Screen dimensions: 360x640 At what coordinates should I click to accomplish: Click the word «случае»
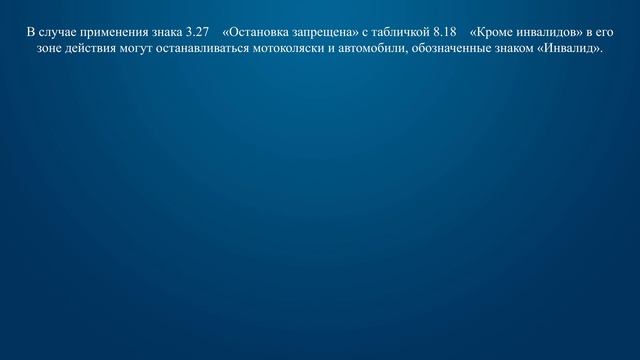[57, 32]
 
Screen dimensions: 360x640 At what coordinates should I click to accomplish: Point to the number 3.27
[198, 32]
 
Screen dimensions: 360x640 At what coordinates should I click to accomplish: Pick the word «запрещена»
[325, 32]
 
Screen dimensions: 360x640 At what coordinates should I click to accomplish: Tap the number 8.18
[446, 32]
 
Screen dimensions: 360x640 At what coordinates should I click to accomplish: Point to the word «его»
[604, 32]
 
